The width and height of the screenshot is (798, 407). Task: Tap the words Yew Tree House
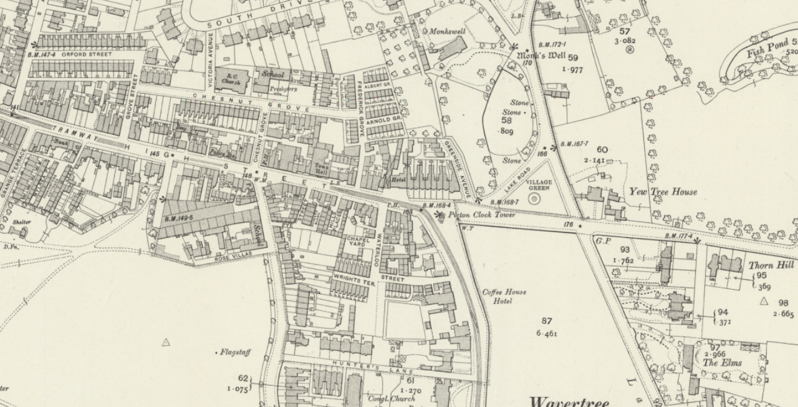(x=663, y=192)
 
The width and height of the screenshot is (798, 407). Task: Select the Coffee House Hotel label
(x=504, y=297)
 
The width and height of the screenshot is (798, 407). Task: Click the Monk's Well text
(x=541, y=56)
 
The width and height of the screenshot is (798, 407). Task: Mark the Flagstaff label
(x=235, y=353)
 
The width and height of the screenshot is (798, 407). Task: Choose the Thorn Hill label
(x=771, y=265)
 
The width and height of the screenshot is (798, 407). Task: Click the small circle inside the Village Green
(x=534, y=199)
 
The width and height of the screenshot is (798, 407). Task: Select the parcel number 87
(x=546, y=321)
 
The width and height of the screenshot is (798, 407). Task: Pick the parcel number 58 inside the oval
(x=506, y=120)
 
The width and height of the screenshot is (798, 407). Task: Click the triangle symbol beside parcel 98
(x=764, y=301)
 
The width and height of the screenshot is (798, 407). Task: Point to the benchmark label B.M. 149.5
(x=179, y=218)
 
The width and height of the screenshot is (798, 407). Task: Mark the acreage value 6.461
(x=546, y=333)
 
